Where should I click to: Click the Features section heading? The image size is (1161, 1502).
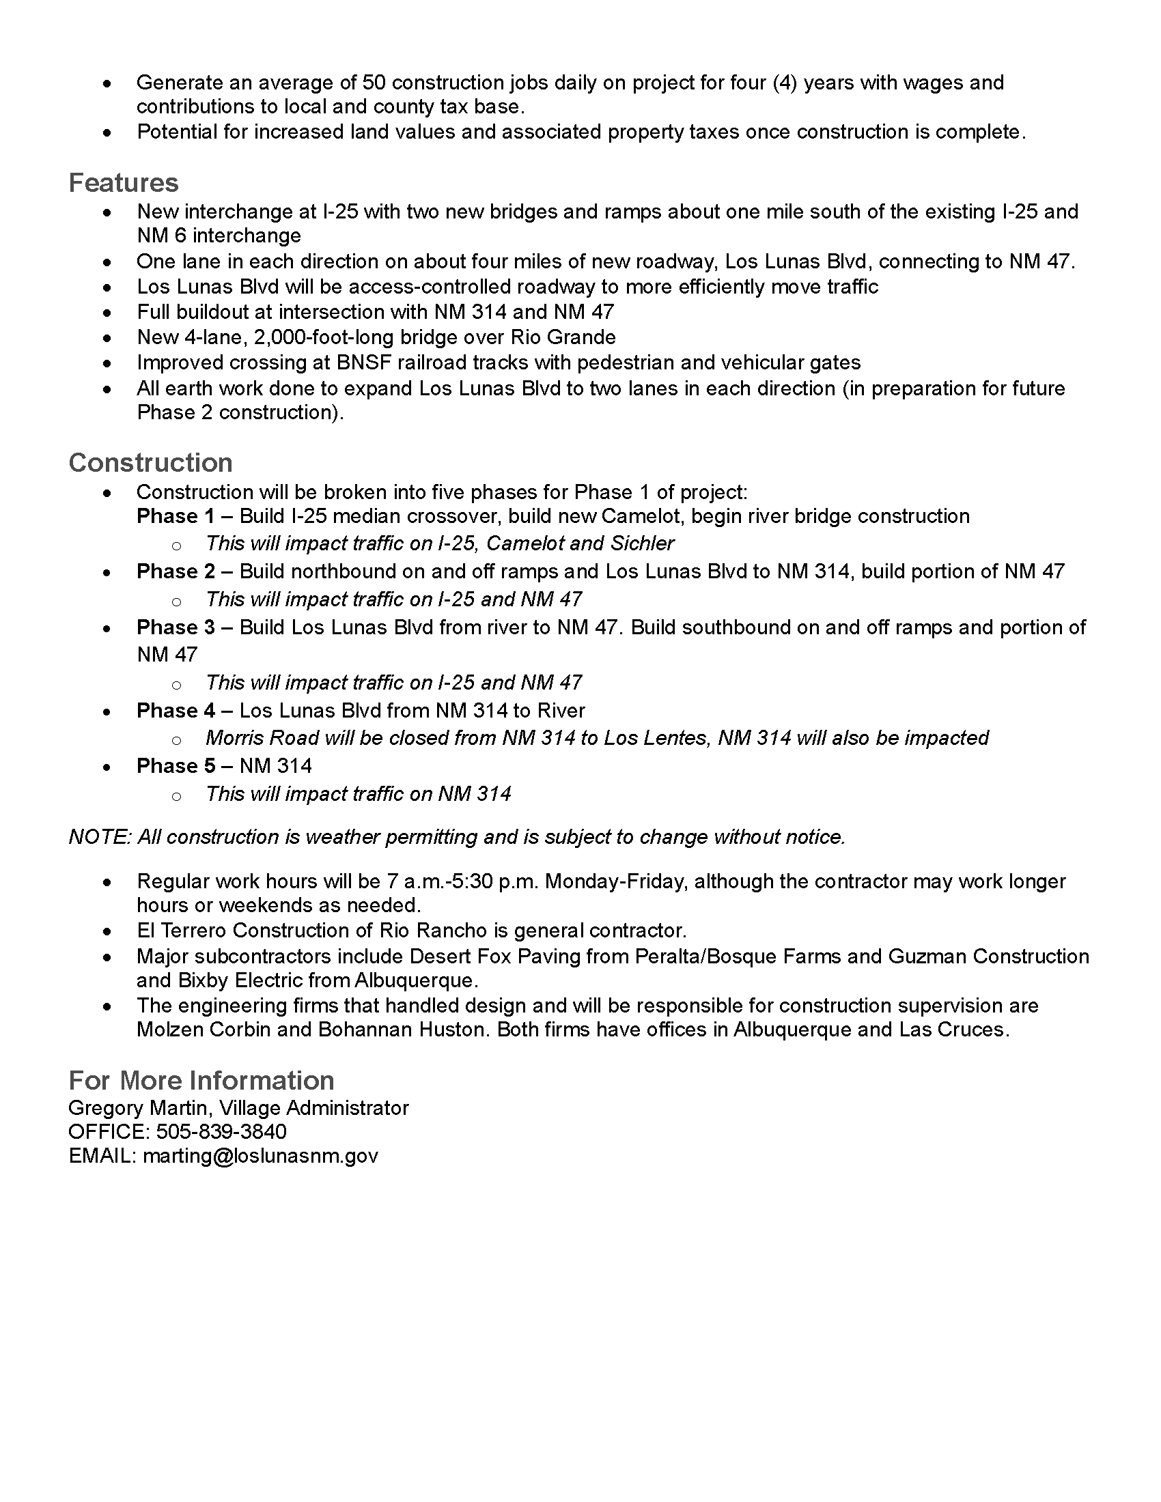tap(123, 183)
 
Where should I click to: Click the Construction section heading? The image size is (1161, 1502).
tap(150, 463)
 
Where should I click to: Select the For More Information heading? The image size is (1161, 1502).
tap(201, 1081)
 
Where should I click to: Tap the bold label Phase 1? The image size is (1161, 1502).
tap(176, 517)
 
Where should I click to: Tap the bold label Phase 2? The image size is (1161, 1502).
tap(176, 571)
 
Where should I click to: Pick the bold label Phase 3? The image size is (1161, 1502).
tap(176, 627)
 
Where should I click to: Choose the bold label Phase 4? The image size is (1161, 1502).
tap(176, 711)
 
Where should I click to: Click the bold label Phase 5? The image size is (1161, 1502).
tap(176, 766)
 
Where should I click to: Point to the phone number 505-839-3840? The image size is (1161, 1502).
tap(221, 1131)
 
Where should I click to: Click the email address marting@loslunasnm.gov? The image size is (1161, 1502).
tap(260, 1155)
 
